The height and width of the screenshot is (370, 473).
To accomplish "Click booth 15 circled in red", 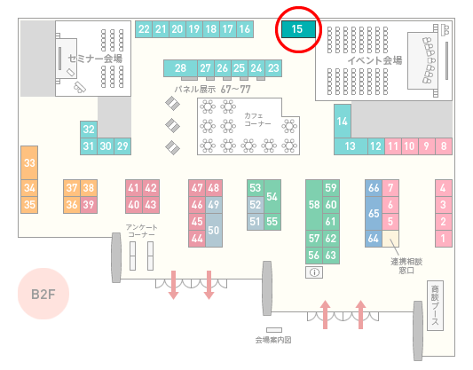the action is (x=298, y=29).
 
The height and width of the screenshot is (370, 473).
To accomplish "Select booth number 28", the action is (x=180, y=68).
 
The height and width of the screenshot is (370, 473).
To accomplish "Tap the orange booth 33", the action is (x=29, y=163).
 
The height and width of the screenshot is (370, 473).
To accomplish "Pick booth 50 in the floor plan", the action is (x=214, y=230).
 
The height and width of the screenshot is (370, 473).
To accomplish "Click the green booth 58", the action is (x=314, y=205).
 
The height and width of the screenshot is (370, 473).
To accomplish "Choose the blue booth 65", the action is (x=374, y=213).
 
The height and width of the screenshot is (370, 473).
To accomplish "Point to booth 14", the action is (x=343, y=122).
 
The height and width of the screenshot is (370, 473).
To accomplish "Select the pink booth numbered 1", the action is (x=444, y=239).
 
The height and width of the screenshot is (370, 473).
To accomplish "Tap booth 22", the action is (x=144, y=29).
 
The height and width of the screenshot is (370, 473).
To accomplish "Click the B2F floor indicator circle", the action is (x=43, y=294).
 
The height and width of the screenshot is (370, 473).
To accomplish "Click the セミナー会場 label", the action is (x=95, y=59).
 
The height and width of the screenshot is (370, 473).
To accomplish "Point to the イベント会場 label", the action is (x=374, y=60).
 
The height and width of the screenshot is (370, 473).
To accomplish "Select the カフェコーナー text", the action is (x=257, y=120).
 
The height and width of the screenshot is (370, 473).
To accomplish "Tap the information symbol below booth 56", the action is (x=314, y=272).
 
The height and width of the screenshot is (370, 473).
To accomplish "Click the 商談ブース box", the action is (x=435, y=305).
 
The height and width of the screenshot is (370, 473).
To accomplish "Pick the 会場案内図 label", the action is (x=273, y=340).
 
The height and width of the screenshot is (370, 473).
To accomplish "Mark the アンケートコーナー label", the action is (x=141, y=231).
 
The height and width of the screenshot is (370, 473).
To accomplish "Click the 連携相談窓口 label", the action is (x=406, y=265).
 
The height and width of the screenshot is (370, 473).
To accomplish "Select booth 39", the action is (x=89, y=205).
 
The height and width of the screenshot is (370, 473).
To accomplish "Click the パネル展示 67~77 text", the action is (x=212, y=90).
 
